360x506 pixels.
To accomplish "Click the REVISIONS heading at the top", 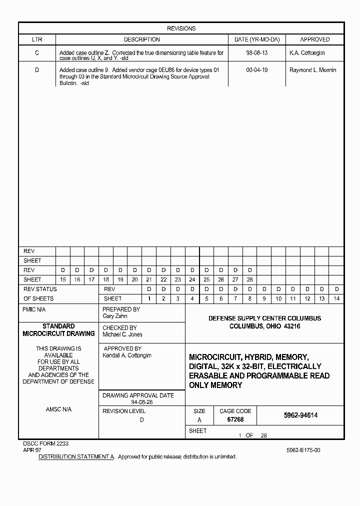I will pos(181,28).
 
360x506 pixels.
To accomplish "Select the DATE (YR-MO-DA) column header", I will pos(257,39).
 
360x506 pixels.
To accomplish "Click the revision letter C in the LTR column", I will pos(37,52).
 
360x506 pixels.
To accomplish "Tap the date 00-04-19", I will pos(257,70).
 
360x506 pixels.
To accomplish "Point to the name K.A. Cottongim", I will pos(307,52).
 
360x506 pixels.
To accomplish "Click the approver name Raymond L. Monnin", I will pos(312,70).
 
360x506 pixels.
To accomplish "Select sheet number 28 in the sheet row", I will pos(250,279).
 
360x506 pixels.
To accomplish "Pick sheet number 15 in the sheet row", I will pos(62,279).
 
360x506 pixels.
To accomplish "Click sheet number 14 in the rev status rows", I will pos(336,298).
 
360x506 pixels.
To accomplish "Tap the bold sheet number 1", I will pos(149,298).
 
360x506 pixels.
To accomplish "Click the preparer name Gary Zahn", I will pos(115,316).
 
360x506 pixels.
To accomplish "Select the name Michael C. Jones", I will pos(122,334).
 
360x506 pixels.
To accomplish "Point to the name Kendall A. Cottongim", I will pos(127,355).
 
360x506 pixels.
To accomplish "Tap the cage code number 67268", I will pos(235,420).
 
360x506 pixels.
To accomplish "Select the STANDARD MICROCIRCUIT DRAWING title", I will pos(58,330).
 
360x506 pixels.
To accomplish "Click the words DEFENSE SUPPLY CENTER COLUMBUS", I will pos(264,318).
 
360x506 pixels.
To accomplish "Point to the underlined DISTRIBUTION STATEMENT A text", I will pos(77,457).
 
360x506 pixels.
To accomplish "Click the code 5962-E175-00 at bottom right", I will pos(303,450).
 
